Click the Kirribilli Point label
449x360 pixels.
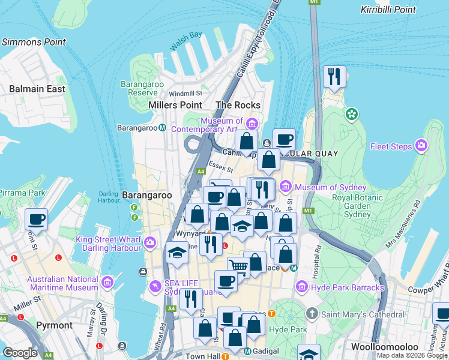[x=388, y=10]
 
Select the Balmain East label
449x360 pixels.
[x=37, y=89]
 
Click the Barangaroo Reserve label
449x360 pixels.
[x=142, y=88]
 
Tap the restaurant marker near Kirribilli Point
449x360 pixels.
[x=334, y=76]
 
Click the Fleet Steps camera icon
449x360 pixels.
[x=422, y=146]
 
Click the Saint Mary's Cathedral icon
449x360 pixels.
[x=312, y=314]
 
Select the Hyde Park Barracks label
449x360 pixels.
[x=348, y=287]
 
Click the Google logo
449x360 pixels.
[x=20, y=352]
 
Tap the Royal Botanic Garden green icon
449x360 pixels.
[x=352, y=113]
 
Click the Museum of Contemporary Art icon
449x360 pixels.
[x=252, y=124]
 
